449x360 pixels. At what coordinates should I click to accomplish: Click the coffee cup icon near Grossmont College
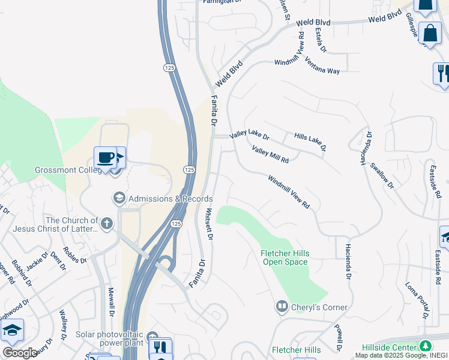point(105,158)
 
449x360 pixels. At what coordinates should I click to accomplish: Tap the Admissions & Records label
point(170,199)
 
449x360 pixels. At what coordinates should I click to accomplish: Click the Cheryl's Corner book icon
point(282,307)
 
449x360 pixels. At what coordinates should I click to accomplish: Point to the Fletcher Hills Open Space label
point(285,257)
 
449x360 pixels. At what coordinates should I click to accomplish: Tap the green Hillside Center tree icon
point(426,346)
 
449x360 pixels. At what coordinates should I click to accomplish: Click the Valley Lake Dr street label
point(250,137)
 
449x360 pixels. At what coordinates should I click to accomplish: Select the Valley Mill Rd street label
point(270,155)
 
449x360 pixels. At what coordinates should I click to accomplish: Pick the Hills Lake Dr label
point(310,142)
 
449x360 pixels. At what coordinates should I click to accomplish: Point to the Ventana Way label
point(322,66)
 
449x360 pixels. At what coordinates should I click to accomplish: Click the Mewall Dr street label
point(111,302)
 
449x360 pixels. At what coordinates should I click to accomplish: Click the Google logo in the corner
point(20,353)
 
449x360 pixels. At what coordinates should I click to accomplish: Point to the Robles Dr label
point(75,255)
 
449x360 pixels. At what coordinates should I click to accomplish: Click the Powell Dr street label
point(338,338)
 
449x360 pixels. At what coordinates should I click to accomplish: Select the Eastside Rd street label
point(436,183)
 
